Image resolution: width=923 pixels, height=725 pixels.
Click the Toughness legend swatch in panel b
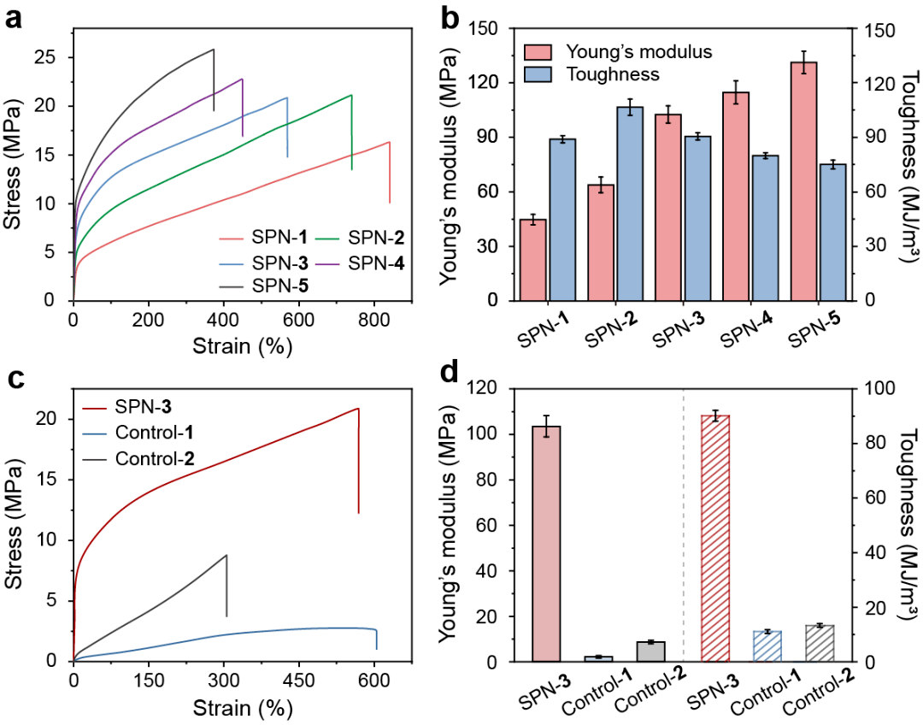541,74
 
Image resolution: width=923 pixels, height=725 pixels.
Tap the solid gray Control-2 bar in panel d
650,651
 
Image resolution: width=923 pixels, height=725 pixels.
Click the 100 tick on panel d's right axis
873,388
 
